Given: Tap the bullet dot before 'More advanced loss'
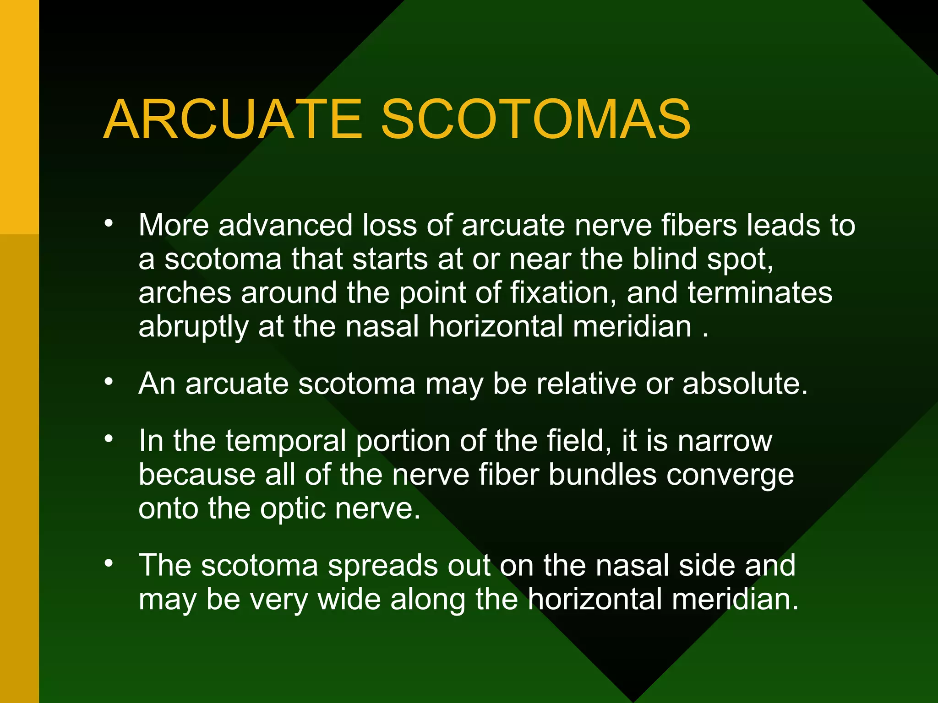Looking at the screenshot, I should [x=109, y=224].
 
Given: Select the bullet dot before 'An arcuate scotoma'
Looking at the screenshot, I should [x=109, y=381].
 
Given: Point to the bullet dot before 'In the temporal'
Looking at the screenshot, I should [x=109, y=439].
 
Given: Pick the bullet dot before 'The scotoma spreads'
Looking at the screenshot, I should [x=109, y=563].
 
